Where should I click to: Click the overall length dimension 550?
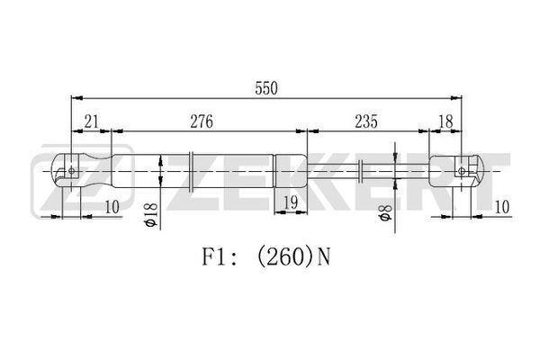click(265, 88)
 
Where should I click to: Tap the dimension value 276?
click(202, 121)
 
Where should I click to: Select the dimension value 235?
click(366, 121)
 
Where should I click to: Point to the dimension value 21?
click(91, 121)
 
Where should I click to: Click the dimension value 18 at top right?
click(445, 121)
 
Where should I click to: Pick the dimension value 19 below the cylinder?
click(291, 202)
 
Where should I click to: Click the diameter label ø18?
click(151, 215)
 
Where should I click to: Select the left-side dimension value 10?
click(112, 207)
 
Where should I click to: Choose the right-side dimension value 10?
click(502, 207)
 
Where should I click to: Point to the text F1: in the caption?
click(219, 257)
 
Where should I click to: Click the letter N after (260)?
click(323, 257)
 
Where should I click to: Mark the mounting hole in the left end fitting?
click(72, 170)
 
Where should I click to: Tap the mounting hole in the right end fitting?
click(462, 171)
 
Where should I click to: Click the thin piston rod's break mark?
click(361, 171)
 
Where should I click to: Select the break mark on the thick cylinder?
click(192, 171)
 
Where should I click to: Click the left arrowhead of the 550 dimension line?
click(76, 98)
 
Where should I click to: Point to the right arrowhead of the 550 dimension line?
click(456, 98)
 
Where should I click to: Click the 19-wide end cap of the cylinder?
click(291, 171)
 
